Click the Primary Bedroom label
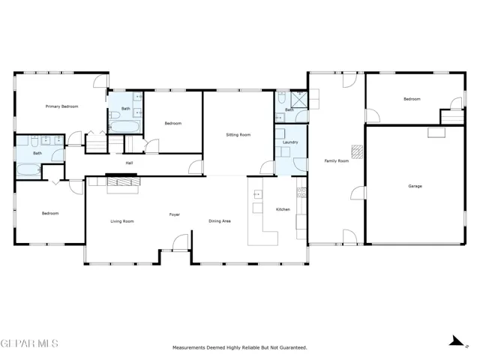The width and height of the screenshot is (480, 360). point(61,106)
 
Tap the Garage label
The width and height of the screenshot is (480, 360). point(415,186)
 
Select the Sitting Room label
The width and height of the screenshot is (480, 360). point(238,135)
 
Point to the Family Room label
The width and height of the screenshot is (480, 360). point(337,160)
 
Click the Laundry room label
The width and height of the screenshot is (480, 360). point(290,142)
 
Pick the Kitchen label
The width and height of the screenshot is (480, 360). point(283,209)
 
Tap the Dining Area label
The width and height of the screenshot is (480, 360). point(220,221)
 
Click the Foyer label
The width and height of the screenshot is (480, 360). point(175,214)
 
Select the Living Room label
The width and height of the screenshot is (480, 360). point(122,221)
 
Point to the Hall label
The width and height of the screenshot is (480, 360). point(129,163)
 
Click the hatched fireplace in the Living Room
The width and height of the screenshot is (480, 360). point(124,181)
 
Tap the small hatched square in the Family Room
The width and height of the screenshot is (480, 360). point(357,151)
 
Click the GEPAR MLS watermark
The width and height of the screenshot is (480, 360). point(29,343)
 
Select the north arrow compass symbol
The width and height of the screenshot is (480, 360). point(458,341)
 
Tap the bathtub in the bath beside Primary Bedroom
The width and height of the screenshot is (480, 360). point(28,170)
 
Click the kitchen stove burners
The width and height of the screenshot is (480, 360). point(301,192)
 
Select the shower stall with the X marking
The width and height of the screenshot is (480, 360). point(298,100)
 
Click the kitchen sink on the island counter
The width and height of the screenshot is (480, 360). point(258,194)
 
